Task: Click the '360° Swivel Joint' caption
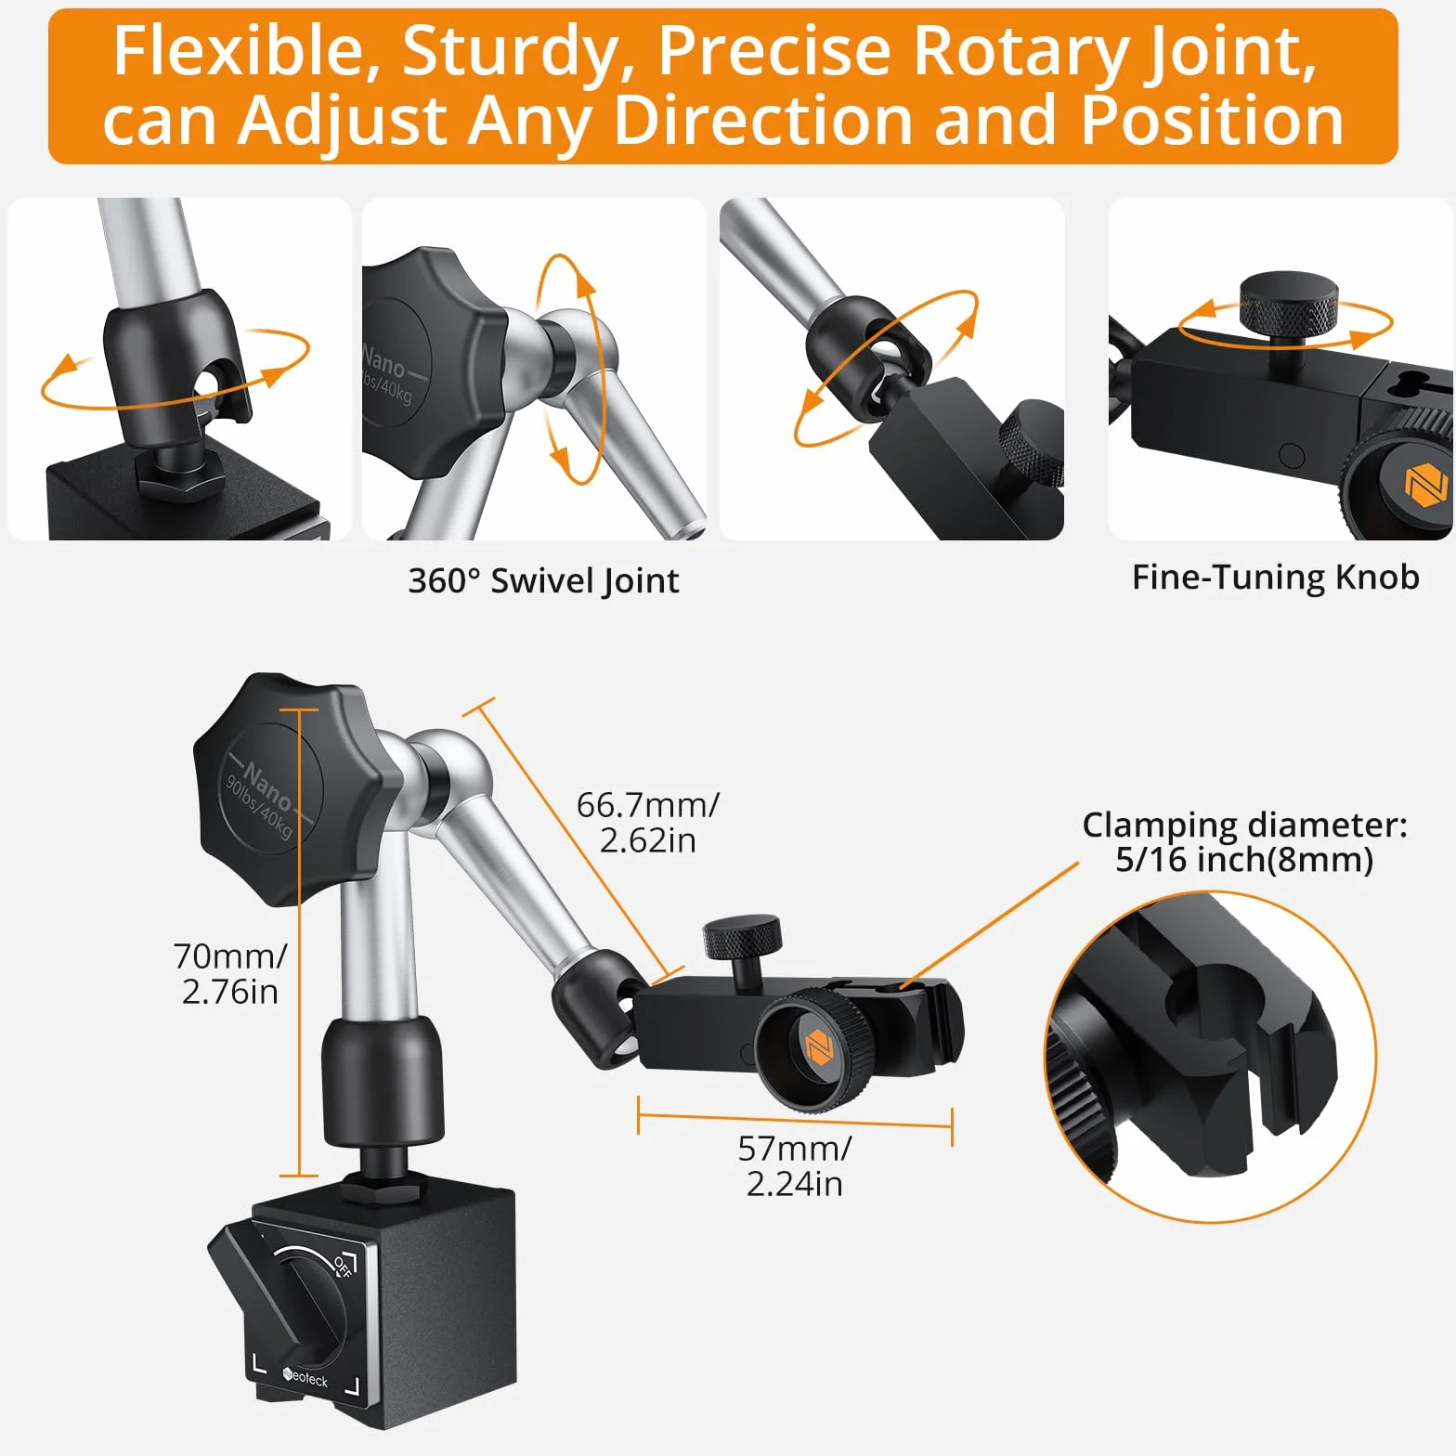click(x=543, y=581)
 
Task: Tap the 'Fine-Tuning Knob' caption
click(x=1275, y=578)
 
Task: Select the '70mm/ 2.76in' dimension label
click(x=230, y=973)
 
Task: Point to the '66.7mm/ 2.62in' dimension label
click(x=647, y=822)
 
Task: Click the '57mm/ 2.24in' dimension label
click(x=795, y=1166)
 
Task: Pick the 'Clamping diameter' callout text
click(x=1244, y=842)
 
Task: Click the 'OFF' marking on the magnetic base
click(x=342, y=1264)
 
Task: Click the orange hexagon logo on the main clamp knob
click(x=817, y=1047)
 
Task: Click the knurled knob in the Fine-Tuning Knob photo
click(x=1288, y=303)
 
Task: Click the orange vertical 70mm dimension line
click(x=298, y=942)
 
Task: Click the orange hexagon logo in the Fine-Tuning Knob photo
click(x=1426, y=486)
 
